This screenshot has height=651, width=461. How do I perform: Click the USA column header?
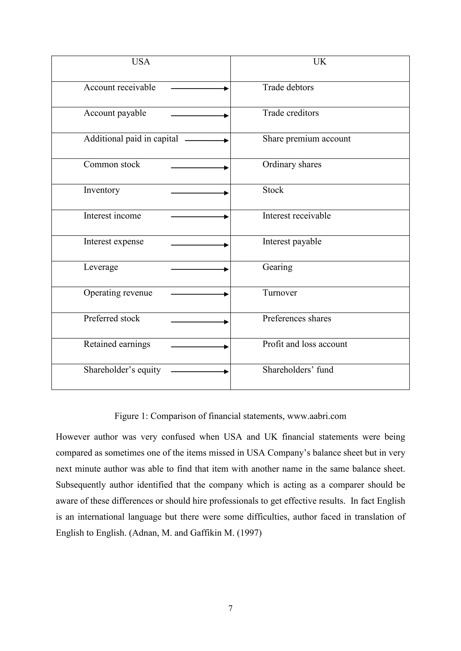coord(140,62)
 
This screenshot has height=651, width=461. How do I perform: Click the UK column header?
coord(320,62)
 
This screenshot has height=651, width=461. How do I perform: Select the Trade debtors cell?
coord(288,88)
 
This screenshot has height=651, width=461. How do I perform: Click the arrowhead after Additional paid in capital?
coord(226,141)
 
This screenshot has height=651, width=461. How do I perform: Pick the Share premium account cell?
coord(306,139)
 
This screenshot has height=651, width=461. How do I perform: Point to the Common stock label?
coord(112,165)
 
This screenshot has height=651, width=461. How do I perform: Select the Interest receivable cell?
coord(296,216)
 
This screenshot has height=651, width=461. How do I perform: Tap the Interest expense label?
coord(113,242)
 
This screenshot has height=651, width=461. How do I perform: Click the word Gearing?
coord(277,267)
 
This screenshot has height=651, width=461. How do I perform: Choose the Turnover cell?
coord(280,293)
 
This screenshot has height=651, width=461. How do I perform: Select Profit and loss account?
coord(305,344)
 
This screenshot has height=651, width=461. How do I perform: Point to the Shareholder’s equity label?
coord(122,370)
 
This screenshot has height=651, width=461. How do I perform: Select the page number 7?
coord(230,608)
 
